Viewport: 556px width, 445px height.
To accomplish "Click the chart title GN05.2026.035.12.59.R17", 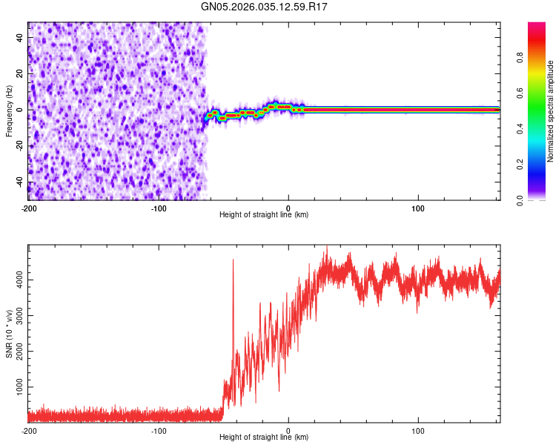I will (x=265, y=7).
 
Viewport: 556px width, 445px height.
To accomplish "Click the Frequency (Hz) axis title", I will (x=9, y=111).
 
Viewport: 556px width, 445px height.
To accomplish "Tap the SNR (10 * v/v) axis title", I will (x=9, y=334).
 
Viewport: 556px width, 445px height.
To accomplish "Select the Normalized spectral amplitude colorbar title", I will (x=550, y=111).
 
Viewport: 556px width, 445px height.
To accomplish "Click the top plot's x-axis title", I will (x=264, y=214).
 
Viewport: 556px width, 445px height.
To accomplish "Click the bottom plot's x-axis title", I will (x=264, y=437).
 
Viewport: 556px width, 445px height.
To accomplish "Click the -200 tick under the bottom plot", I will (x=29, y=429).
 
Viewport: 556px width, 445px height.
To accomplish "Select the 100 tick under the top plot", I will (x=418, y=207).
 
